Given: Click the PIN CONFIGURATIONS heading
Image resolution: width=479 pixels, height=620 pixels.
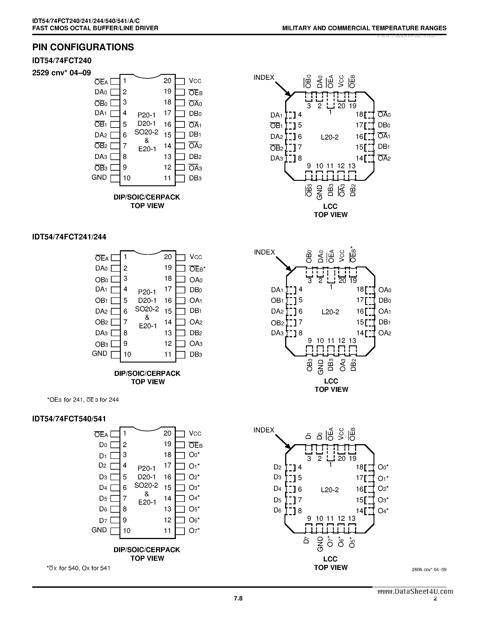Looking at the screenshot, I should click(83, 47).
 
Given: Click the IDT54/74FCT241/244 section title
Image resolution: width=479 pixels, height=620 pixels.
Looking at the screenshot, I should click(69, 237).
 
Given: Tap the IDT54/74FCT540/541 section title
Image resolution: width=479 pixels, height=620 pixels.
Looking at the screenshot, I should click(69, 419).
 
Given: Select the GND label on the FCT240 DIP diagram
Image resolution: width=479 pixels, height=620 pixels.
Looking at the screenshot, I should click(99, 177).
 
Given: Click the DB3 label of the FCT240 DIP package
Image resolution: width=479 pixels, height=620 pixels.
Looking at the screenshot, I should click(195, 178).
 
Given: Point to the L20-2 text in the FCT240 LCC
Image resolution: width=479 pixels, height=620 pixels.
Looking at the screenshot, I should click(330, 137).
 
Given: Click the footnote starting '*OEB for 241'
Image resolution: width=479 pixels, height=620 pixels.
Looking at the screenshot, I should click(83, 400).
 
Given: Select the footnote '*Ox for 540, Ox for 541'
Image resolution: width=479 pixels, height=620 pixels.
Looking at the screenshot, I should click(78, 568).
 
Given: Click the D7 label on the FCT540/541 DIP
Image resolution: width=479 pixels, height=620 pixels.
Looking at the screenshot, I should click(103, 521).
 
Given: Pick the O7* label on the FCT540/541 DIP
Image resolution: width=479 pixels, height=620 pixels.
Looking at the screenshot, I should click(194, 530).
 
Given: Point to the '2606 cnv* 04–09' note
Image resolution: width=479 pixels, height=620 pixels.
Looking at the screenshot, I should click(429, 569).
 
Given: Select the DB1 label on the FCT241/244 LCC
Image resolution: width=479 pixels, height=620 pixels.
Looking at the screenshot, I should click(385, 322).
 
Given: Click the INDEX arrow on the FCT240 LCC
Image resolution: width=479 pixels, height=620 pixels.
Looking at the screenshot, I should click(283, 89).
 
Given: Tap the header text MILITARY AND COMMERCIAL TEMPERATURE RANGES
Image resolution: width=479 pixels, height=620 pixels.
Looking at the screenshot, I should click(364, 28).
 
